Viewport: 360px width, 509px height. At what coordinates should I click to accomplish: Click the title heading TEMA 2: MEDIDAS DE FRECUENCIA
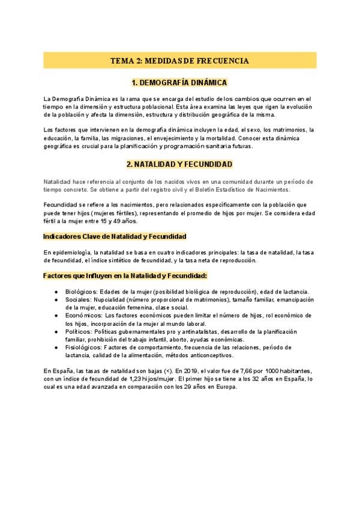click(x=180, y=61)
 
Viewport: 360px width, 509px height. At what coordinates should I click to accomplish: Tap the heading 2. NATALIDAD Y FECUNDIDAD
click(x=180, y=163)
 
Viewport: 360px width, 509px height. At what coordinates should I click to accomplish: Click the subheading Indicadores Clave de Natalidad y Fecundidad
click(x=115, y=236)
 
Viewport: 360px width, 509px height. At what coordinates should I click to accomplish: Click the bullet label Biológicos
click(x=80, y=292)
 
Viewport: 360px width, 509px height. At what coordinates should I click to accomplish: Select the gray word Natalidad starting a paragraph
click(x=58, y=181)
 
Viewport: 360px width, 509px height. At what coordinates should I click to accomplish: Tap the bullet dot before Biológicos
click(x=56, y=292)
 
